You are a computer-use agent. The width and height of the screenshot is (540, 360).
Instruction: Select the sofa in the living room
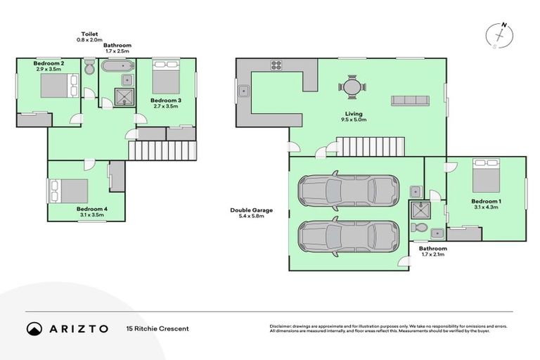[411, 100]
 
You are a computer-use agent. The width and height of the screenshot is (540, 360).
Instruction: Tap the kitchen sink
[243, 91]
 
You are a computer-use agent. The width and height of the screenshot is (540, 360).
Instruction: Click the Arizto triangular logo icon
[34, 328]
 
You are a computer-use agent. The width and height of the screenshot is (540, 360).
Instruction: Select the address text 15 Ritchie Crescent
[157, 328]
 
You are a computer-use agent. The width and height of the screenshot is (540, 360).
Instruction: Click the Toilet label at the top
[89, 33]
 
